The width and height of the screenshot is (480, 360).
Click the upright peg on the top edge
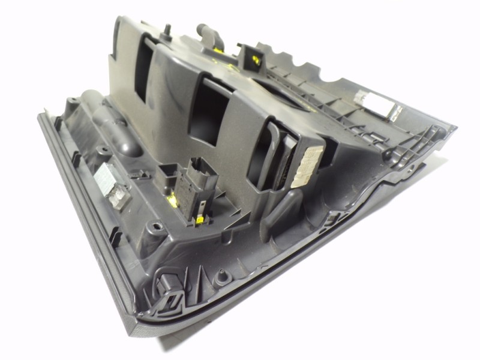pyautogui.click(x=167, y=30)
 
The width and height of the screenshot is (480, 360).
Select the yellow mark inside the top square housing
pyautogui.click(x=256, y=59)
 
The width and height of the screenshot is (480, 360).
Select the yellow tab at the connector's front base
pyautogui.click(x=197, y=221)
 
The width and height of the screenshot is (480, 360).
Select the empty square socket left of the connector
pyautogui.click(x=167, y=178)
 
